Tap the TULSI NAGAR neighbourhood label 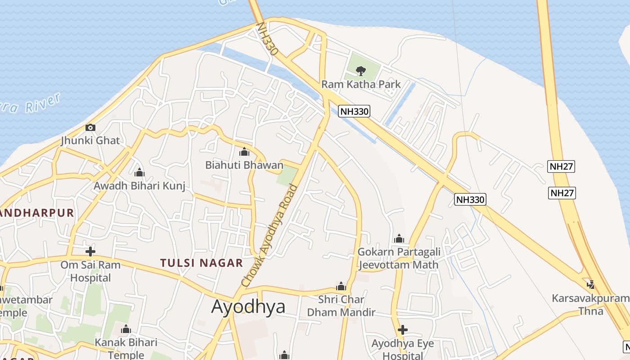[x=202, y=263]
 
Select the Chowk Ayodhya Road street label [x=270, y=236]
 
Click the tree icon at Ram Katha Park [x=360, y=70]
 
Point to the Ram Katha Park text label [x=361, y=84]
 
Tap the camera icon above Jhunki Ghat [x=90, y=127]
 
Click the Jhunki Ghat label [x=90, y=140]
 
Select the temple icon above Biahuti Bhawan [x=244, y=152]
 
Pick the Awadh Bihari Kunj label [x=139, y=186]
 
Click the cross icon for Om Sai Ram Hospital [x=90, y=251]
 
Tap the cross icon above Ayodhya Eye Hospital [x=403, y=330]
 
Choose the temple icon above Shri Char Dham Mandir [x=341, y=286]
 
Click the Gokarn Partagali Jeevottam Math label [x=399, y=258]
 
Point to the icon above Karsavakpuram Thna [x=591, y=284]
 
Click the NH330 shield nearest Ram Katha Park [x=354, y=111]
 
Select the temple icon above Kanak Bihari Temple [x=126, y=329]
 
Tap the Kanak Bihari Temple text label [x=126, y=349]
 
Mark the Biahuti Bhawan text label [x=244, y=165]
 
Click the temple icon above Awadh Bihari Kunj [x=139, y=172]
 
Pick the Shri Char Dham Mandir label [x=347, y=306]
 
